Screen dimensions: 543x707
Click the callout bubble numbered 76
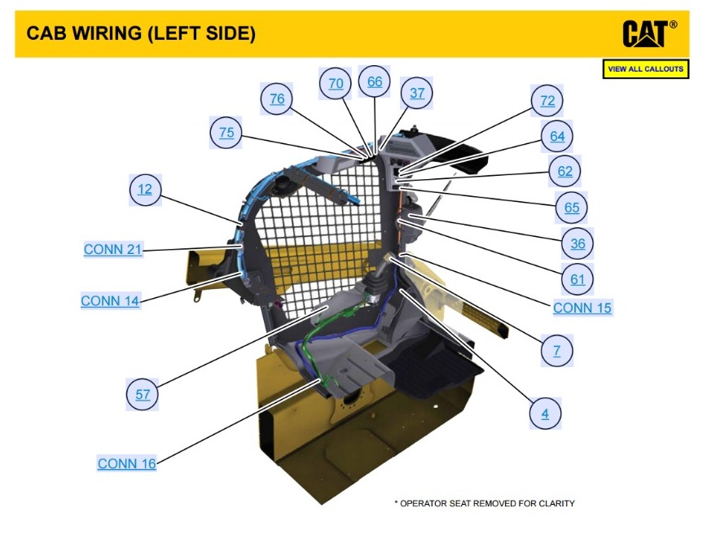(x=277, y=99)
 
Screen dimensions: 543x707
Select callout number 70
(x=336, y=83)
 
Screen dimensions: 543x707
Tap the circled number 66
(x=375, y=81)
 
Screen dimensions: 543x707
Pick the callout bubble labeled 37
(x=417, y=93)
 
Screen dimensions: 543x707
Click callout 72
(x=547, y=100)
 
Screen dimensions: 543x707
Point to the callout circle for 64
(x=557, y=136)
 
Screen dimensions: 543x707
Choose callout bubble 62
(x=565, y=172)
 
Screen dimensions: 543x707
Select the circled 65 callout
(x=572, y=208)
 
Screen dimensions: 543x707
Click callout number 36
(x=577, y=243)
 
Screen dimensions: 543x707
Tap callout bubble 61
(x=577, y=279)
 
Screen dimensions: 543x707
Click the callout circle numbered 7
(x=556, y=351)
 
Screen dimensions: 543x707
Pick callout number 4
(x=545, y=414)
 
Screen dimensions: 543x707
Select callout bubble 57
(x=143, y=395)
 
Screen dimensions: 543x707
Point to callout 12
(x=145, y=190)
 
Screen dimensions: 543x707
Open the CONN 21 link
(x=113, y=250)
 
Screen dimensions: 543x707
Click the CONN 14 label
(x=110, y=301)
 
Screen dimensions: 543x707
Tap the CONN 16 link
(x=127, y=463)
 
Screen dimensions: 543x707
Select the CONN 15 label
(x=582, y=308)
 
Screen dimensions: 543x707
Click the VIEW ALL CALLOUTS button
(x=646, y=69)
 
